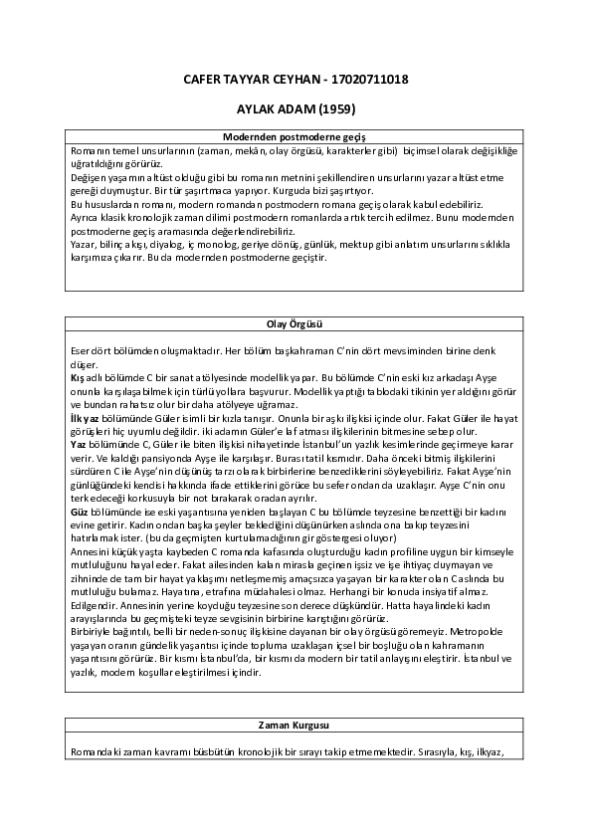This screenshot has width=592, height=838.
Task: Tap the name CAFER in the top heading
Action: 205,79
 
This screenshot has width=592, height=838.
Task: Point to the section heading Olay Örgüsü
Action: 296,324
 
